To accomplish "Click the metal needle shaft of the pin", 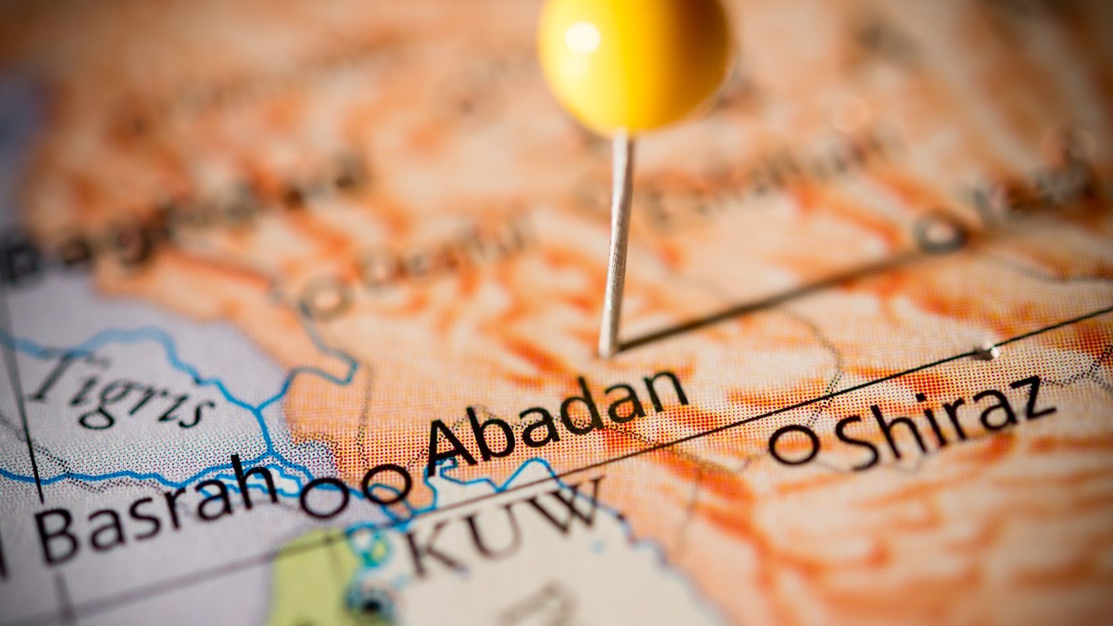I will pyautogui.click(x=617, y=238).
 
